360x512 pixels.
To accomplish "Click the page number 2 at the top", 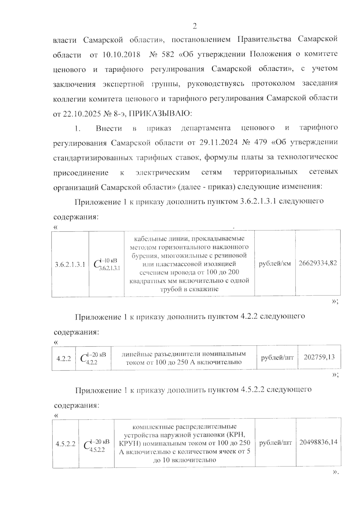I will click(194, 26).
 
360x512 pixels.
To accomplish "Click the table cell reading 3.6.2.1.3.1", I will click(70, 264).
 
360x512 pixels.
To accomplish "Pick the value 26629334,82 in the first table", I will click(318, 263).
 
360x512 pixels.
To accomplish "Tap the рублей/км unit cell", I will click(275, 264).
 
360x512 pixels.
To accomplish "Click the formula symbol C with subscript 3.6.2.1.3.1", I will click(106, 264).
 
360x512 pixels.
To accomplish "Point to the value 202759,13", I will click(319, 357).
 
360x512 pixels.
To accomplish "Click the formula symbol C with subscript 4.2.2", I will click(93, 358).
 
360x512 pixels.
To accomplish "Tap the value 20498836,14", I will click(318, 442).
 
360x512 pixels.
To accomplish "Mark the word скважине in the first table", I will click(203, 289).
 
